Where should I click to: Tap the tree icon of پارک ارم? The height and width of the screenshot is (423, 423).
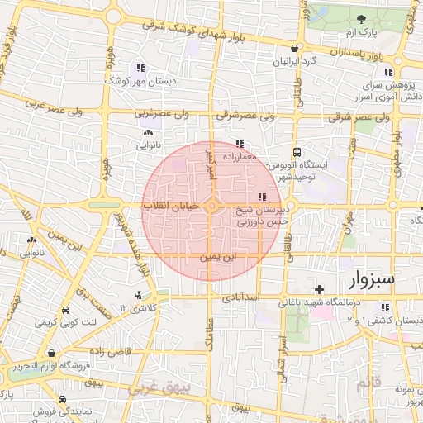pos(360,19)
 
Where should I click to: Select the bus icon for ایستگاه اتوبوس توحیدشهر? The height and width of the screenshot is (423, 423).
pos(297,153)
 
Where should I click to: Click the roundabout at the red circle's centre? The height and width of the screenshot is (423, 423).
pos(212,207)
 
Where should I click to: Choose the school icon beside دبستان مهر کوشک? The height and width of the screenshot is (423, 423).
pos(141,69)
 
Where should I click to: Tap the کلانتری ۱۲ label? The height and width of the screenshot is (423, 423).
pos(136,308)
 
